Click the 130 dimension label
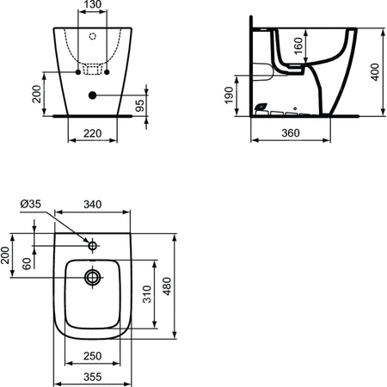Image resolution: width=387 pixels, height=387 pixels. (x=93, y=4)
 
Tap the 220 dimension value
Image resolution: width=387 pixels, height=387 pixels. (x=93, y=133)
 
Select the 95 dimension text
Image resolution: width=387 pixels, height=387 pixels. (x=139, y=106)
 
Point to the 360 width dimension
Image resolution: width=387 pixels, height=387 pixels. (x=291, y=133)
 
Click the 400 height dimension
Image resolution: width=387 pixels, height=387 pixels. (x=375, y=72)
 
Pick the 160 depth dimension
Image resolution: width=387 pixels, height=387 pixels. (x=298, y=46)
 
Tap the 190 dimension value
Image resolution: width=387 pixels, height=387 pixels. (x=229, y=95)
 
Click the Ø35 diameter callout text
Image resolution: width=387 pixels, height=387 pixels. (x=31, y=204)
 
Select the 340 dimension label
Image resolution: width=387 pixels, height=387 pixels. (x=93, y=205)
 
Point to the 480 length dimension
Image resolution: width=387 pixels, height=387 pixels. (x=167, y=286)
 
